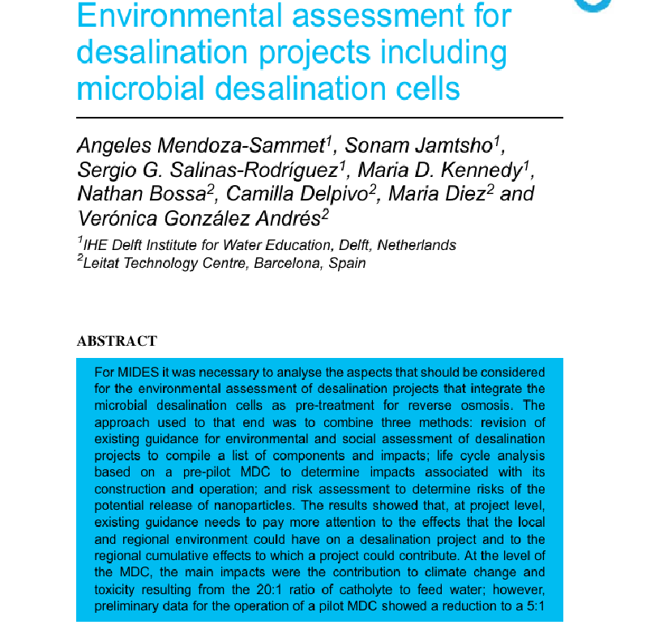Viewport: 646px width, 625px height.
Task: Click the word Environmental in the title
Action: (x=190, y=15)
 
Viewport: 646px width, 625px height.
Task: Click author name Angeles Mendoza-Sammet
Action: (x=203, y=146)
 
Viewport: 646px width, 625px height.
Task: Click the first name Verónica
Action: (x=118, y=218)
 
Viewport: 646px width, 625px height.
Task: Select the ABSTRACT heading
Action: (x=117, y=341)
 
